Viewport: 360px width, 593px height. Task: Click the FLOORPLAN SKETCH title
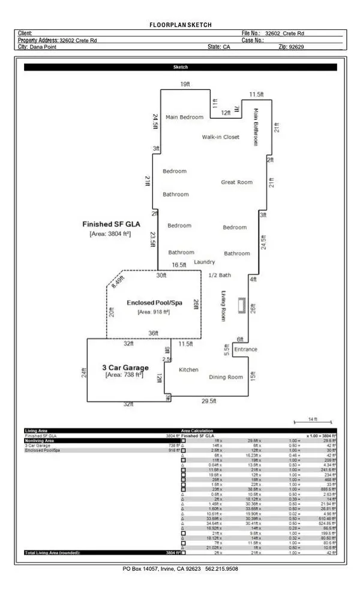click(x=180, y=25)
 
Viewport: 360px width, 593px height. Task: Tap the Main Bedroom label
click(x=184, y=117)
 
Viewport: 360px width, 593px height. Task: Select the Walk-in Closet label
click(x=220, y=137)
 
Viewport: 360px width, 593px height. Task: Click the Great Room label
click(x=236, y=182)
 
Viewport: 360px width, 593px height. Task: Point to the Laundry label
click(x=204, y=262)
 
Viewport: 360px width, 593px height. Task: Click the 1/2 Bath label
click(x=219, y=275)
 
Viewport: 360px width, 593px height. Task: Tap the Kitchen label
click(x=188, y=370)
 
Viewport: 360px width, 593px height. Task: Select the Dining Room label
click(x=226, y=377)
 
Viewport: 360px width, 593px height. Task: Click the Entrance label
click(x=245, y=349)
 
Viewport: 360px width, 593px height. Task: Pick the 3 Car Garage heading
click(x=122, y=367)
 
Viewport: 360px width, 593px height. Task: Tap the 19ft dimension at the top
click(x=185, y=85)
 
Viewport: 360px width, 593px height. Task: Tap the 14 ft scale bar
click(x=312, y=423)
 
